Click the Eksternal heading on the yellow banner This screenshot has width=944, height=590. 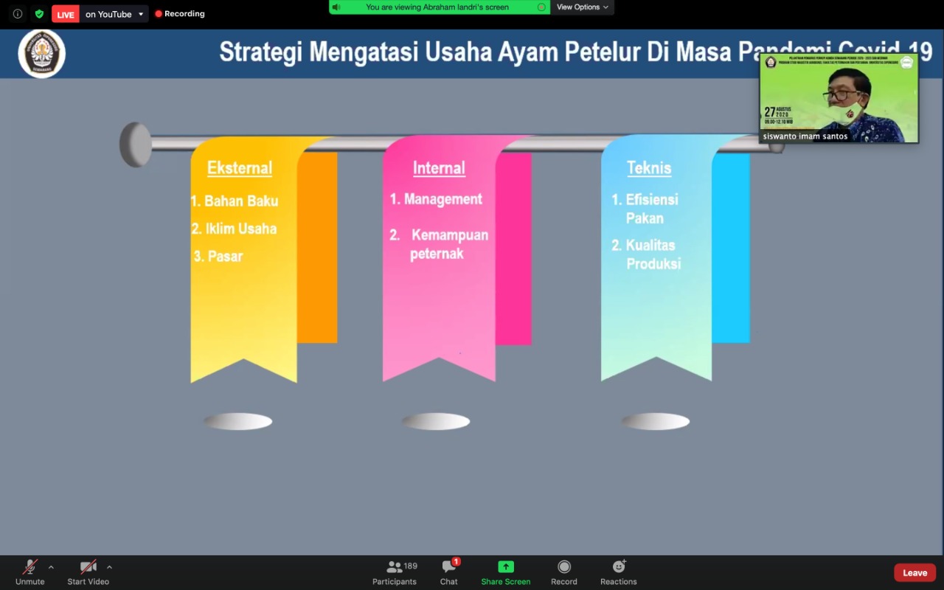pos(240,168)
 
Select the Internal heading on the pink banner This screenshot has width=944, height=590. pos(439,168)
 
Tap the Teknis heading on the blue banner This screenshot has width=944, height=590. pos(649,168)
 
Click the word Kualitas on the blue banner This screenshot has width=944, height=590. pos(650,245)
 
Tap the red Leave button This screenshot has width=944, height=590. pos(914,573)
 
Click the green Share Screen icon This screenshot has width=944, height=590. pos(506,566)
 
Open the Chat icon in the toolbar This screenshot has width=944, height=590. pos(448,566)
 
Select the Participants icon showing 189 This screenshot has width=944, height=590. pos(395,566)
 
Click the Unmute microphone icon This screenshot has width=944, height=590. pos(30,566)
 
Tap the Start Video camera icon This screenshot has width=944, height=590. pos(88,566)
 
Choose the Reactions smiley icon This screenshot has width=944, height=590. pos(619,566)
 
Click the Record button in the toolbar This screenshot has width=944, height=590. pos(564,566)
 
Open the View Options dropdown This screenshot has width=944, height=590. pos(582,7)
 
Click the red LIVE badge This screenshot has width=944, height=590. pos(66,14)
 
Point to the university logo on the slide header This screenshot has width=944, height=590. pos(42,53)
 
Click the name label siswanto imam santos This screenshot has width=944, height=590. pos(805,136)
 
